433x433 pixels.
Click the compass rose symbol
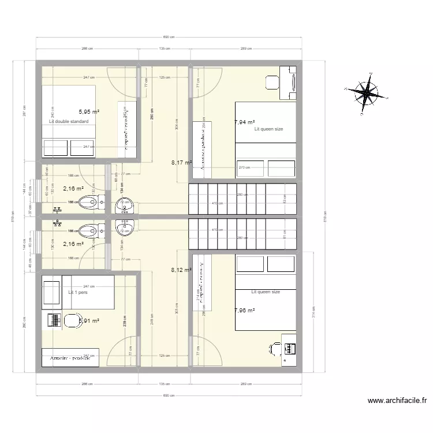pos(362,92)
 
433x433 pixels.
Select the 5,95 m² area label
pos(89,112)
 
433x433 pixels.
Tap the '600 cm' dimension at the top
pos(168,37)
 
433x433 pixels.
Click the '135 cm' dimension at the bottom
pos(163,383)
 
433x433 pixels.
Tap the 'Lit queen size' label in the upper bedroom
pos(268,129)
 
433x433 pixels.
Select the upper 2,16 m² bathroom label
pos(73,188)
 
